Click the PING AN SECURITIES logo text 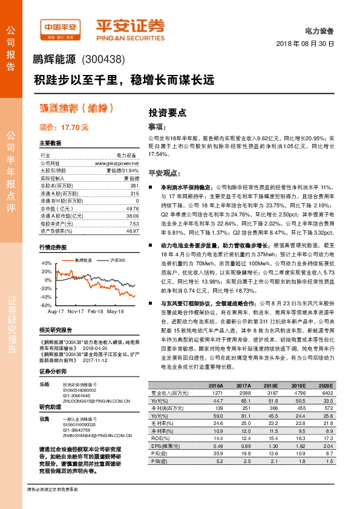[x=130, y=36]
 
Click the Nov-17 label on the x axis [x=76, y=311]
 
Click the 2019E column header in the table [x=298, y=386]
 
